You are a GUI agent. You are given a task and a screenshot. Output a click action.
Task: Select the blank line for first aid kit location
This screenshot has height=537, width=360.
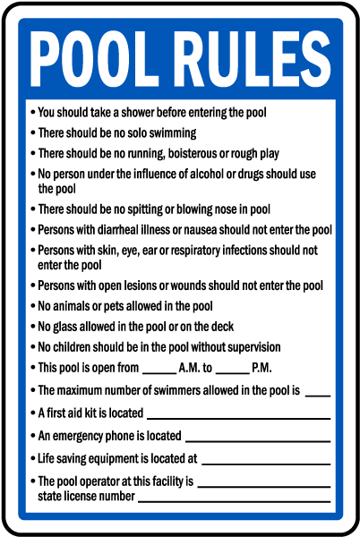[x=238, y=417]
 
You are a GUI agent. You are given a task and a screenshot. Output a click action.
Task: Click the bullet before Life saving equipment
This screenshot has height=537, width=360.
[x=32, y=458]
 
